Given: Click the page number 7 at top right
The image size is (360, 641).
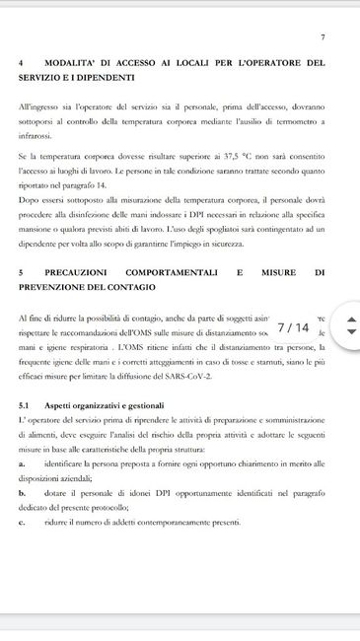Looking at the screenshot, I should (323, 37).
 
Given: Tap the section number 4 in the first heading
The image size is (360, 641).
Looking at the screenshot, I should (21, 63).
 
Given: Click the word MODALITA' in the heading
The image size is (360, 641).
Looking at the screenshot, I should (76, 63).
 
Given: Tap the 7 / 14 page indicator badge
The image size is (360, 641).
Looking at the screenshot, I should (293, 327).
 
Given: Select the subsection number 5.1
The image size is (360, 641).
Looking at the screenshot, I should (25, 405).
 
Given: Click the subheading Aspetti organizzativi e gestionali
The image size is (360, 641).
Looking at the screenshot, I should (106, 405).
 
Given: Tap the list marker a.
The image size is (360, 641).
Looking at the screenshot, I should (22, 462).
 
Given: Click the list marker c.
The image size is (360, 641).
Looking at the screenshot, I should (22, 523).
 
